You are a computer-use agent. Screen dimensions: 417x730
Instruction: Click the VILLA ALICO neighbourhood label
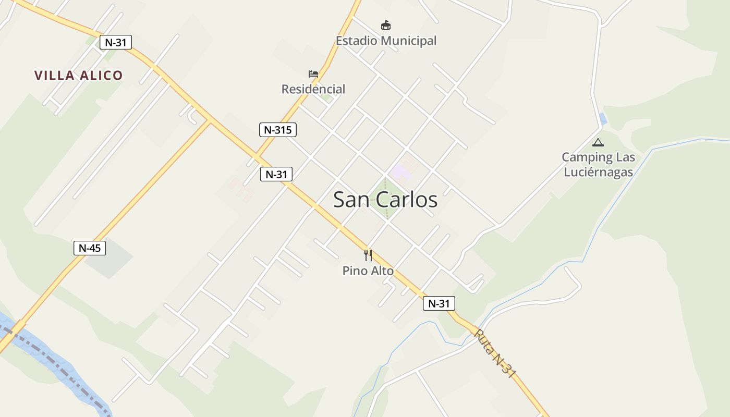pos(78,76)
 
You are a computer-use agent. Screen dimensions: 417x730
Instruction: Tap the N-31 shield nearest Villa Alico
pos(116,42)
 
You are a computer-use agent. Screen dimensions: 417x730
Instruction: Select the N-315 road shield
pos(277,130)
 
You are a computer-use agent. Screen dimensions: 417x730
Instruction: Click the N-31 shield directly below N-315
pos(276,174)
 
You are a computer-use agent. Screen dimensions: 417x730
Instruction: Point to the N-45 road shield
pos(90,248)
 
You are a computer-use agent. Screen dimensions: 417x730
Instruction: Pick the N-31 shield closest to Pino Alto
pos(439,303)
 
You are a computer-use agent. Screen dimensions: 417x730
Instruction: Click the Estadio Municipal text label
pos(386,41)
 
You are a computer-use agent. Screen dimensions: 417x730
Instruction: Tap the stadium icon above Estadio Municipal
pos(385,25)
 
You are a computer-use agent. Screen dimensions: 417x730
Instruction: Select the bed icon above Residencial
pos(313,74)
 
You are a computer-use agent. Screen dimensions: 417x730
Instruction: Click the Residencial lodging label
pos(313,89)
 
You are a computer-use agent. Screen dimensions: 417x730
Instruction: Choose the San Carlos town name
pos(385,200)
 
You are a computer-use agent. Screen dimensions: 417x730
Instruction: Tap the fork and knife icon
pos(368,255)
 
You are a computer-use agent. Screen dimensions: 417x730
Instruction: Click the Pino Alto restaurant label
pos(368,271)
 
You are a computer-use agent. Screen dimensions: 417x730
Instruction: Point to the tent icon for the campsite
pos(598,142)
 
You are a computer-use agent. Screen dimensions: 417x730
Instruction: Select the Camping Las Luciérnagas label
pos(598,164)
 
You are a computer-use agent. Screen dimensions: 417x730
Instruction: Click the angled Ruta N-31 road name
pos(495,352)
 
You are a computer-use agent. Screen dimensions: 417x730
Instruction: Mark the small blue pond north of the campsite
pos(603,119)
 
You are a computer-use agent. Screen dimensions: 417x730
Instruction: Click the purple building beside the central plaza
pos(400,170)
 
